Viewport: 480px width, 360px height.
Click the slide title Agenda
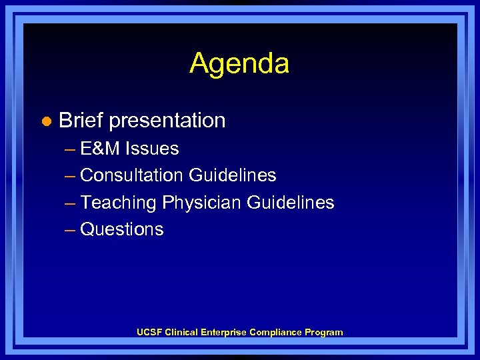tap(239, 63)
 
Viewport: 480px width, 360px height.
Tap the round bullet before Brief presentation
tap(45, 121)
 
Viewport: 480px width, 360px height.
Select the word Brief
tap(81, 121)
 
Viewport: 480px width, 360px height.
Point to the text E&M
tap(101, 149)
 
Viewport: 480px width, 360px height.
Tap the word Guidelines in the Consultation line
tap(232, 175)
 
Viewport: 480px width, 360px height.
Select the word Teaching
tap(118, 202)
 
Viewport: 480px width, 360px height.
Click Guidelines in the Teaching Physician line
tap(291, 202)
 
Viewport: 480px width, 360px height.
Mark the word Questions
tap(122, 229)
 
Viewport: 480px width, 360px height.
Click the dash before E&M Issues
tap(70, 149)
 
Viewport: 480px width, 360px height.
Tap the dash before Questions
tap(70, 229)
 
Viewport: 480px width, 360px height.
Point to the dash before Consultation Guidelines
tap(70, 175)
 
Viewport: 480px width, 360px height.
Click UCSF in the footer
tap(149, 332)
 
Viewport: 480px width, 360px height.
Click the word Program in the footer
tap(324, 332)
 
